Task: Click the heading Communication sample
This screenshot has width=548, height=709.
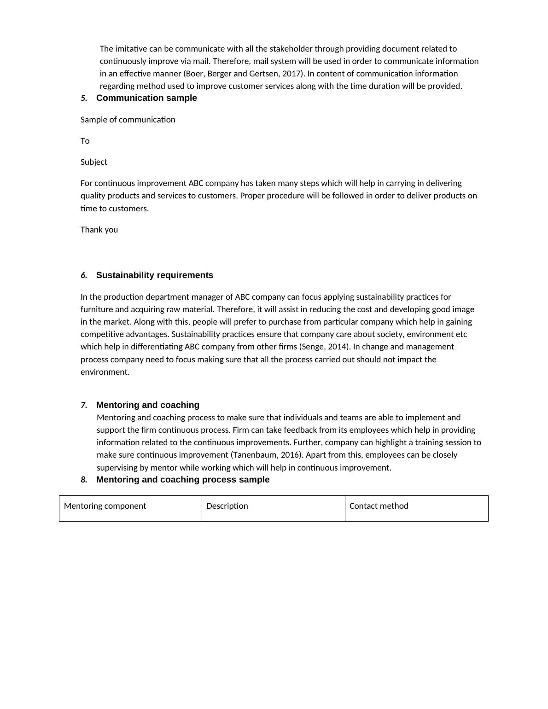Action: coord(146,98)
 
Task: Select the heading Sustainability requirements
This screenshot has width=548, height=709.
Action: coord(155,275)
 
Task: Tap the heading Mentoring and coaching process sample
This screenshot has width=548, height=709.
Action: coord(183,480)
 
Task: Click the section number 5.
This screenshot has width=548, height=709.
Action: coord(84,98)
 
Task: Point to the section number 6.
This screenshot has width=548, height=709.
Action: coord(84,275)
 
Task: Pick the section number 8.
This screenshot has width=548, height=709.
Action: coord(84,480)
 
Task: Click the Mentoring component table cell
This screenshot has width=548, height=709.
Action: coord(130,508)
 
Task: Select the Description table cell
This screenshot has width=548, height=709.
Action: coord(273,508)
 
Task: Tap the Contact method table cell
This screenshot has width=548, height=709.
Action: coord(416,508)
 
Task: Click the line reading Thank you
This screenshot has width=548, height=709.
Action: coord(99,230)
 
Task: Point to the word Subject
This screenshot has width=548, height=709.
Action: coord(94,162)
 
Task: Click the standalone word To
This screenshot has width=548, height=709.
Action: coord(85,141)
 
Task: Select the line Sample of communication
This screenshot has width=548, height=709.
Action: coord(128,120)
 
